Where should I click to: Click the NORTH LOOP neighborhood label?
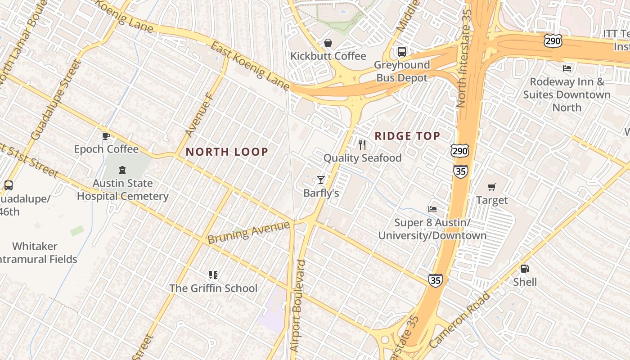click(227, 152)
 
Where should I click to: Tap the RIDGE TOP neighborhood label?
click(407, 136)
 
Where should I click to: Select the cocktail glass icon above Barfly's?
click(321, 180)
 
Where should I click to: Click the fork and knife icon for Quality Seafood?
click(362, 145)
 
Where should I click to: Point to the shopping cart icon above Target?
click(492, 187)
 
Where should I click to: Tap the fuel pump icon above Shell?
click(525, 269)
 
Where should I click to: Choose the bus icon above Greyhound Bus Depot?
click(402, 52)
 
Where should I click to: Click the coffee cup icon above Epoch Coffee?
click(106, 135)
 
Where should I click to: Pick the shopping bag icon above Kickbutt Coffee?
click(328, 43)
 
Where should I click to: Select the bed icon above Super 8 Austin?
click(432, 209)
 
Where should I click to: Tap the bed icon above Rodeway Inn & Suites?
click(567, 68)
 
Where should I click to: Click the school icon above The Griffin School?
click(213, 274)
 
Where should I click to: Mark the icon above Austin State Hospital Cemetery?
click(122, 170)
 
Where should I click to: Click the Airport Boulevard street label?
click(298, 306)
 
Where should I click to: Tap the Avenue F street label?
click(198, 115)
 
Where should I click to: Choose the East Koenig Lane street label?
click(250, 66)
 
